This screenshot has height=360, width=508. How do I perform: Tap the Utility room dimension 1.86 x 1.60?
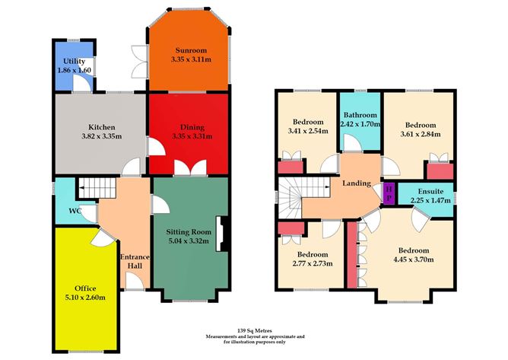(74, 70)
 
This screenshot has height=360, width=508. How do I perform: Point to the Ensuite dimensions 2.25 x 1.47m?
(426, 201)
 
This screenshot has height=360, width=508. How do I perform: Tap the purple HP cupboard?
(389, 193)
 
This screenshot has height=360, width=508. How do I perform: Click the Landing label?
(357, 183)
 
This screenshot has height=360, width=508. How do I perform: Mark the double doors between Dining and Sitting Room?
(187, 168)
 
